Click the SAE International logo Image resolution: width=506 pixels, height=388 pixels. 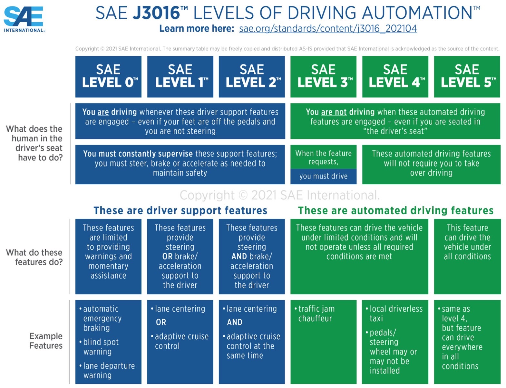[x=24, y=19]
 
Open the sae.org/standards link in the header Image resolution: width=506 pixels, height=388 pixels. [x=328, y=29]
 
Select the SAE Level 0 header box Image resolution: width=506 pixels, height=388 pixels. [x=108, y=77]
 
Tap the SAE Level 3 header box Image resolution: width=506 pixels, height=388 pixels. [x=323, y=77]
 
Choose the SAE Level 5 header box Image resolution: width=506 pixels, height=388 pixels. [x=467, y=77]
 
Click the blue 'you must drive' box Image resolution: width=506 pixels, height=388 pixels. [x=323, y=176]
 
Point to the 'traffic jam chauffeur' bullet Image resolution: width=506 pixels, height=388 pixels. [x=316, y=313]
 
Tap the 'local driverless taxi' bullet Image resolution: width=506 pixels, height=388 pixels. [x=395, y=313]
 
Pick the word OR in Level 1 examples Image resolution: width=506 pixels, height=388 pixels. [x=161, y=322]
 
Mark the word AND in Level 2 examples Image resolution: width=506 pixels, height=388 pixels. [x=234, y=322]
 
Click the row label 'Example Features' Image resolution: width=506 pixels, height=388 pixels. [x=46, y=341]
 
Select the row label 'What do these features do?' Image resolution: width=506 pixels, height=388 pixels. [x=34, y=257]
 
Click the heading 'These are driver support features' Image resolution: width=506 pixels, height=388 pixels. [x=180, y=210]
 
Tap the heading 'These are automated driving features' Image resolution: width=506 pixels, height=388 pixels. [x=395, y=210]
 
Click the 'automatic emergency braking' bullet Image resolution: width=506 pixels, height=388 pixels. [x=102, y=318]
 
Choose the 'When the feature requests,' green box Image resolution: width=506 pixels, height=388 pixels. [x=323, y=157]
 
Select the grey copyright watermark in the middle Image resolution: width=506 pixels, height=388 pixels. [x=279, y=195]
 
